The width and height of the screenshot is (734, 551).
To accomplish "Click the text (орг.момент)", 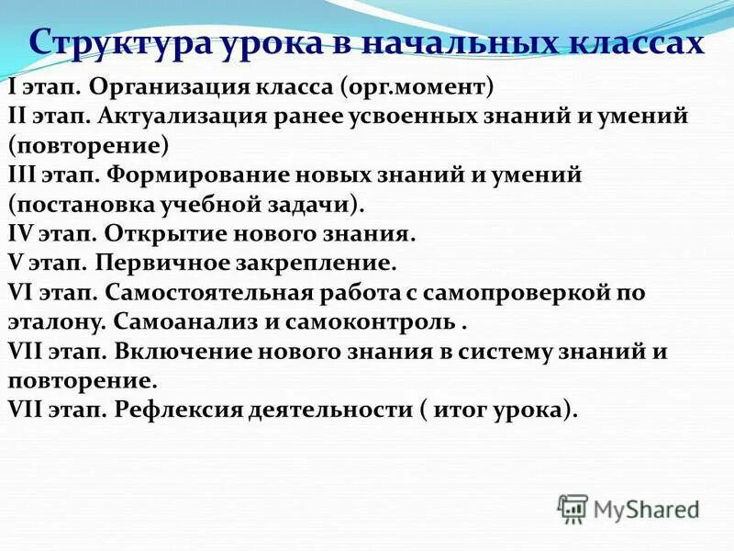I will coord(417,89).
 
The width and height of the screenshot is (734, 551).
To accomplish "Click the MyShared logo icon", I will coord(573,506).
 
